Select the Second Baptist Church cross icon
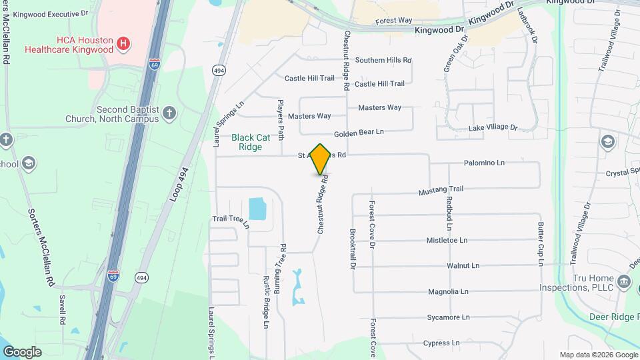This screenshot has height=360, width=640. click(x=169, y=113)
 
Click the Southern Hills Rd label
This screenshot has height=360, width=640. click(x=383, y=60)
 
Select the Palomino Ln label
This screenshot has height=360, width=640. click(x=484, y=163)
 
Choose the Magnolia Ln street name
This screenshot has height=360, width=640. click(x=448, y=291)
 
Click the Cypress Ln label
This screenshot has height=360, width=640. click(x=441, y=343)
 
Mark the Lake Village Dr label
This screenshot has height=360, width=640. click(x=493, y=127)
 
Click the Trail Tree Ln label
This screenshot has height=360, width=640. click(x=230, y=221)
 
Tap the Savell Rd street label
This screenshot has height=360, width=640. click(x=62, y=309)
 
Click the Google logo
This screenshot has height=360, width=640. click(x=22, y=351)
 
